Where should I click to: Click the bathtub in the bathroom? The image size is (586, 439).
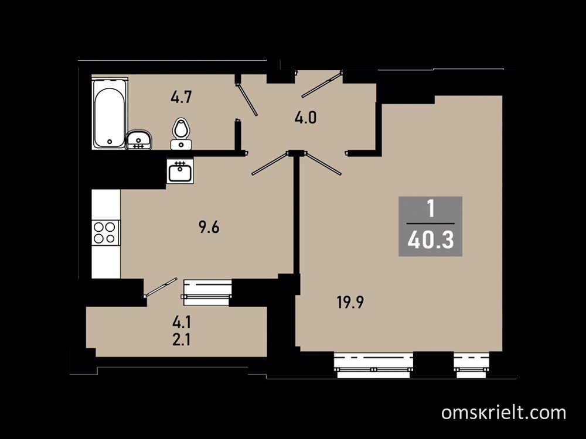pyautogui.click(x=110, y=114)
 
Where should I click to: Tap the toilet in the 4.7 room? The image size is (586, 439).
pyautogui.click(x=181, y=133)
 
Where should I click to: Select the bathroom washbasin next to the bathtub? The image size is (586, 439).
pyautogui.click(x=138, y=140)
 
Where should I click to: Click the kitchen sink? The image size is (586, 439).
pyautogui.click(x=180, y=170)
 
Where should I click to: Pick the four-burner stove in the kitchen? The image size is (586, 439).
pyautogui.click(x=105, y=232)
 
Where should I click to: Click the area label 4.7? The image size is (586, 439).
pyautogui.click(x=181, y=98)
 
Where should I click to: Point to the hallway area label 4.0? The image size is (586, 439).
pyautogui.click(x=305, y=118)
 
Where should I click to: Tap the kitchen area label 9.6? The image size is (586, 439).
pyautogui.click(x=209, y=227)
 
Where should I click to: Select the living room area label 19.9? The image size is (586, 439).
pyautogui.click(x=350, y=303)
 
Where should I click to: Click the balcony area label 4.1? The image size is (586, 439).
pyautogui.click(x=182, y=321)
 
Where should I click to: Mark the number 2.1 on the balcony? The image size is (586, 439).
pyautogui.click(x=182, y=340)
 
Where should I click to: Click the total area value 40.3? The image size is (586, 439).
pyautogui.click(x=431, y=240)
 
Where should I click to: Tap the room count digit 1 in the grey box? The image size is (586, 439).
pyautogui.click(x=431, y=210)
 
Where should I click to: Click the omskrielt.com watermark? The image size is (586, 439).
pyautogui.click(x=503, y=413)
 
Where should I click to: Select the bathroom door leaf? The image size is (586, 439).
pyautogui.click(x=247, y=100)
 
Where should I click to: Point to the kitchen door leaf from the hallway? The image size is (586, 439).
pyautogui.click(x=270, y=163)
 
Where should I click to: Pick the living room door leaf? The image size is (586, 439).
pyautogui.click(x=323, y=163)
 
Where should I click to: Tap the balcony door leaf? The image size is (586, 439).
pyautogui.click(x=161, y=287)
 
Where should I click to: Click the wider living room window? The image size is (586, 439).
pyautogui.click(x=373, y=365)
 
